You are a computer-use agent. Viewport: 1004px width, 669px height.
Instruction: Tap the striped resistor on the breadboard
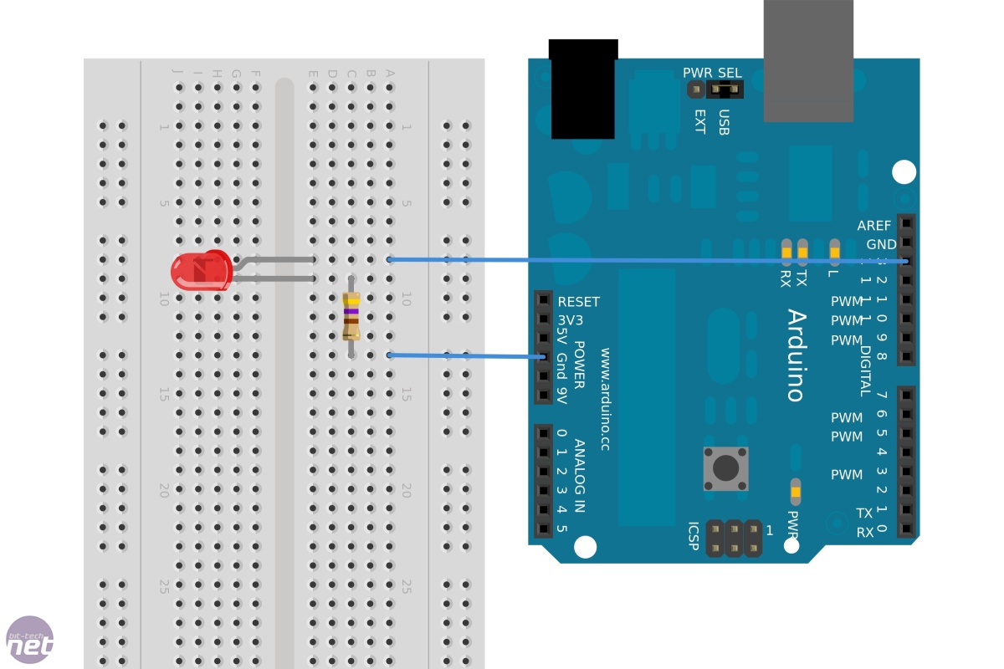pos(351,316)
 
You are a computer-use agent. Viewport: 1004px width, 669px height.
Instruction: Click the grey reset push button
pos(725,468)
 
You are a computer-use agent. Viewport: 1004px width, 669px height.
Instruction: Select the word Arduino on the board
pos(796,355)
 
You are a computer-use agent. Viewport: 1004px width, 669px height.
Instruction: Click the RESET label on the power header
pos(578,302)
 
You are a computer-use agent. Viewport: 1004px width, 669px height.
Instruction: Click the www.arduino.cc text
pos(605,400)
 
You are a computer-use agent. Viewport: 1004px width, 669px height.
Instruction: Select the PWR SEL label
pos(712,73)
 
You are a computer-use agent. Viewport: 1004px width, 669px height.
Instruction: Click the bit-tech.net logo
pos(30,641)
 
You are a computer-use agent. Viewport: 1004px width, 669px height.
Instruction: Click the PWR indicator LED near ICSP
pos(795,491)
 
